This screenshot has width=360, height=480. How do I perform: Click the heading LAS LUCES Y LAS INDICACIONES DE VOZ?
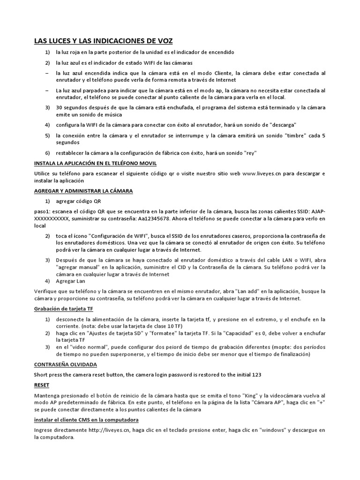[x=103, y=41]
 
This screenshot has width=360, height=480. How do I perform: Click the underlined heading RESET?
[x=41, y=384]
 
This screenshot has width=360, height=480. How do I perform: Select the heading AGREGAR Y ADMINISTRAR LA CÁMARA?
[x=83, y=191]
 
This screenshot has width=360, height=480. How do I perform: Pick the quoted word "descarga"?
[x=279, y=125]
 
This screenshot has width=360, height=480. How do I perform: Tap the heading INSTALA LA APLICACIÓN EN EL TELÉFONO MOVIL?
[x=95, y=163]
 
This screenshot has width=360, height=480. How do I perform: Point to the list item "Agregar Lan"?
[x=70, y=281]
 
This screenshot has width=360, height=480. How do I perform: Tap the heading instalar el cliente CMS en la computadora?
[x=86, y=420]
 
